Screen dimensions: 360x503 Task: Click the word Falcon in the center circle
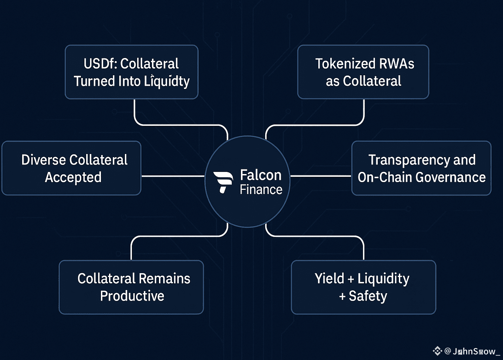pyautogui.click(x=261, y=175)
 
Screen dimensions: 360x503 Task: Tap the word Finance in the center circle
pyautogui.click(x=261, y=190)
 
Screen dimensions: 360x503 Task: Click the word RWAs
pyautogui.click(x=396, y=64)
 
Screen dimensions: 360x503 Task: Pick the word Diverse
pyautogui.click(x=43, y=160)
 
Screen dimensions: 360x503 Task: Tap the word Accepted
pyautogui.click(x=73, y=177)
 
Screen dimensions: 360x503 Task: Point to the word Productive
pyautogui.click(x=132, y=296)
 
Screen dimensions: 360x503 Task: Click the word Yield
pyautogui.click(x=329, y=278)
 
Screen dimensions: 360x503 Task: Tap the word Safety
pyautogui.click(x=368, y=296)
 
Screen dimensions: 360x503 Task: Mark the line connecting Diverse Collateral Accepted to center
pyautogui.click(x=173, y=176)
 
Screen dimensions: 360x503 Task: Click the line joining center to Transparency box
pyautogui.click(x=320, y=176)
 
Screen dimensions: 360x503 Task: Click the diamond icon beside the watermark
pyautogui.click(x=437, y=351)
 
